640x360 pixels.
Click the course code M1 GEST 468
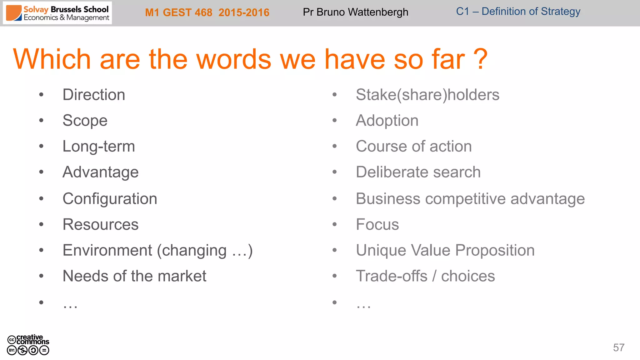178,12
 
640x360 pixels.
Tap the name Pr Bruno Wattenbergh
355,12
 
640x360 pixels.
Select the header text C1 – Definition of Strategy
518,12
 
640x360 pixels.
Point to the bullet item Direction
94,95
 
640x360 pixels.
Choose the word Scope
85,121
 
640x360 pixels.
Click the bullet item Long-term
99,146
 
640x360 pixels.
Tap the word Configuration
110,199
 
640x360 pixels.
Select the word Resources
100,224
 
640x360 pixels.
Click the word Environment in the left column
107,250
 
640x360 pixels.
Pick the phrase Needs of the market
134,276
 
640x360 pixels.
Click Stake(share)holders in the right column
427,95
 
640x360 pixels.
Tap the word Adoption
387,121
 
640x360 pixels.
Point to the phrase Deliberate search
418,172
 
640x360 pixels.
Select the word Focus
377,224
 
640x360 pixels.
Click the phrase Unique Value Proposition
445,250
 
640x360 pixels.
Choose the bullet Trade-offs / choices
425,276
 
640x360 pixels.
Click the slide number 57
618,347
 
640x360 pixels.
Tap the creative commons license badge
28,345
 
